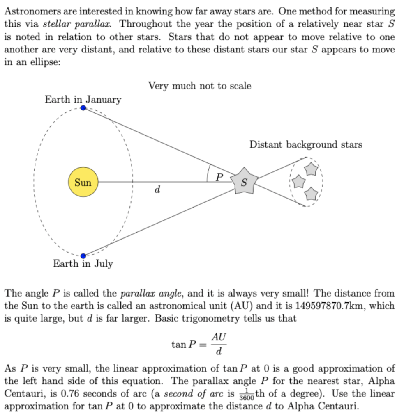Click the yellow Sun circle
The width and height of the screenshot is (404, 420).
click(x=83, y=182)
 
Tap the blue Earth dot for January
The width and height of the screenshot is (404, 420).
click(x=83, y=108)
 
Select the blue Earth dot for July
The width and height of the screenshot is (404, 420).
click(x=83, y=256)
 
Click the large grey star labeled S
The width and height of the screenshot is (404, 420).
click(x=244, y=180)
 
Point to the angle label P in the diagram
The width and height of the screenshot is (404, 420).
click(x=219, y=176)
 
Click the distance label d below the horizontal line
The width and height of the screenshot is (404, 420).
click(x=157, y=190)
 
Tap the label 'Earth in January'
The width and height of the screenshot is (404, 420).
click(x=83, y=99)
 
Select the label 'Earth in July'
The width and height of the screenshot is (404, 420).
click(x=83, y=264)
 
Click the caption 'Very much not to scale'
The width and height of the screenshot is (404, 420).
click(x=200, y=86)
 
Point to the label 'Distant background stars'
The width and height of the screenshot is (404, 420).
click(x=306, y=144)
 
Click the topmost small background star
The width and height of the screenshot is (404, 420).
click(x=311, y=169)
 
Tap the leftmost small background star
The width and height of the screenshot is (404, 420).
click(x=299, y=180)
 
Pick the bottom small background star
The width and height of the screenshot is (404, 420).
click(x=312, y=192)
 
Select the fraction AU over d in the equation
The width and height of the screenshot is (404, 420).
click(x=219, y=344)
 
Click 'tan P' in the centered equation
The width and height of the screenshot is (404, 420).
click(x=183, y=345)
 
